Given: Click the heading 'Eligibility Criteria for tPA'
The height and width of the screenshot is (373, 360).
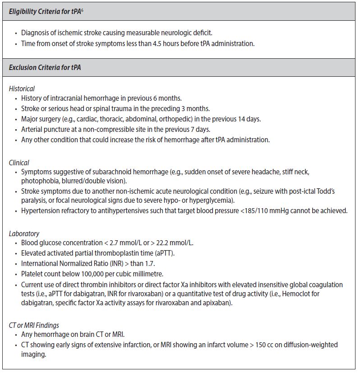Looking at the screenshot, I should [45, 11].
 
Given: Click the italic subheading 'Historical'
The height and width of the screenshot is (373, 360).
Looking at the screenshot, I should [22, 89].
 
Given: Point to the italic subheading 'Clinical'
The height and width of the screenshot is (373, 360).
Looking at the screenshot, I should [19, 163].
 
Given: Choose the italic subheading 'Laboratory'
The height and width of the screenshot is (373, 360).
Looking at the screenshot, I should [24, 233].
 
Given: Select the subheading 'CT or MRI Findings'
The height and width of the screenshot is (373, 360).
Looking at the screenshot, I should [34, 325].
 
